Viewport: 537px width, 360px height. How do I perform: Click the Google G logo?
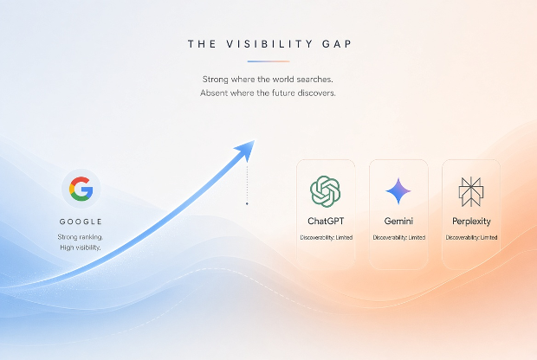pos(81,189)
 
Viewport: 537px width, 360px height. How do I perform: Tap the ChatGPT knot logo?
pos(326,191)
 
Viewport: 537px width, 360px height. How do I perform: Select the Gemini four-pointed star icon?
pos(398,191)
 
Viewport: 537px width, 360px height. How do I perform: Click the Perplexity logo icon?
pos(471,191)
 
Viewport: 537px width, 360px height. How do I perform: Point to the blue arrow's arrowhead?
pos(247,149)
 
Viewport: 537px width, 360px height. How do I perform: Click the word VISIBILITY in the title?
pos(269,44)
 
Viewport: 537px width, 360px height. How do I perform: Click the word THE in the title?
pos(202,44)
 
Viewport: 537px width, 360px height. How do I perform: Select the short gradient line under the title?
pos(268,61)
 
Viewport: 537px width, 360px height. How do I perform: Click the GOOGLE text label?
pos(81,222)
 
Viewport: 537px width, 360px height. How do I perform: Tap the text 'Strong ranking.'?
pos(81,237)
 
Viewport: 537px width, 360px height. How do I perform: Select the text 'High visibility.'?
pos(81,247)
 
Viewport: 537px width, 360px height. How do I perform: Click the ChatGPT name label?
pos(326,221)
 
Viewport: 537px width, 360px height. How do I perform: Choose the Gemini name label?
pos(398,221)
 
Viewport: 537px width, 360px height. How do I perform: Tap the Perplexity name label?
pos(471,222)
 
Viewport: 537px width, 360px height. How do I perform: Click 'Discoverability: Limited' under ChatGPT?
pos(326,237)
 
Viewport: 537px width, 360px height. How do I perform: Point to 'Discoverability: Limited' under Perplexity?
pos(471,237)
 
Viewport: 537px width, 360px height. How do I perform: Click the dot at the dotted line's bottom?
pos(247,203)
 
